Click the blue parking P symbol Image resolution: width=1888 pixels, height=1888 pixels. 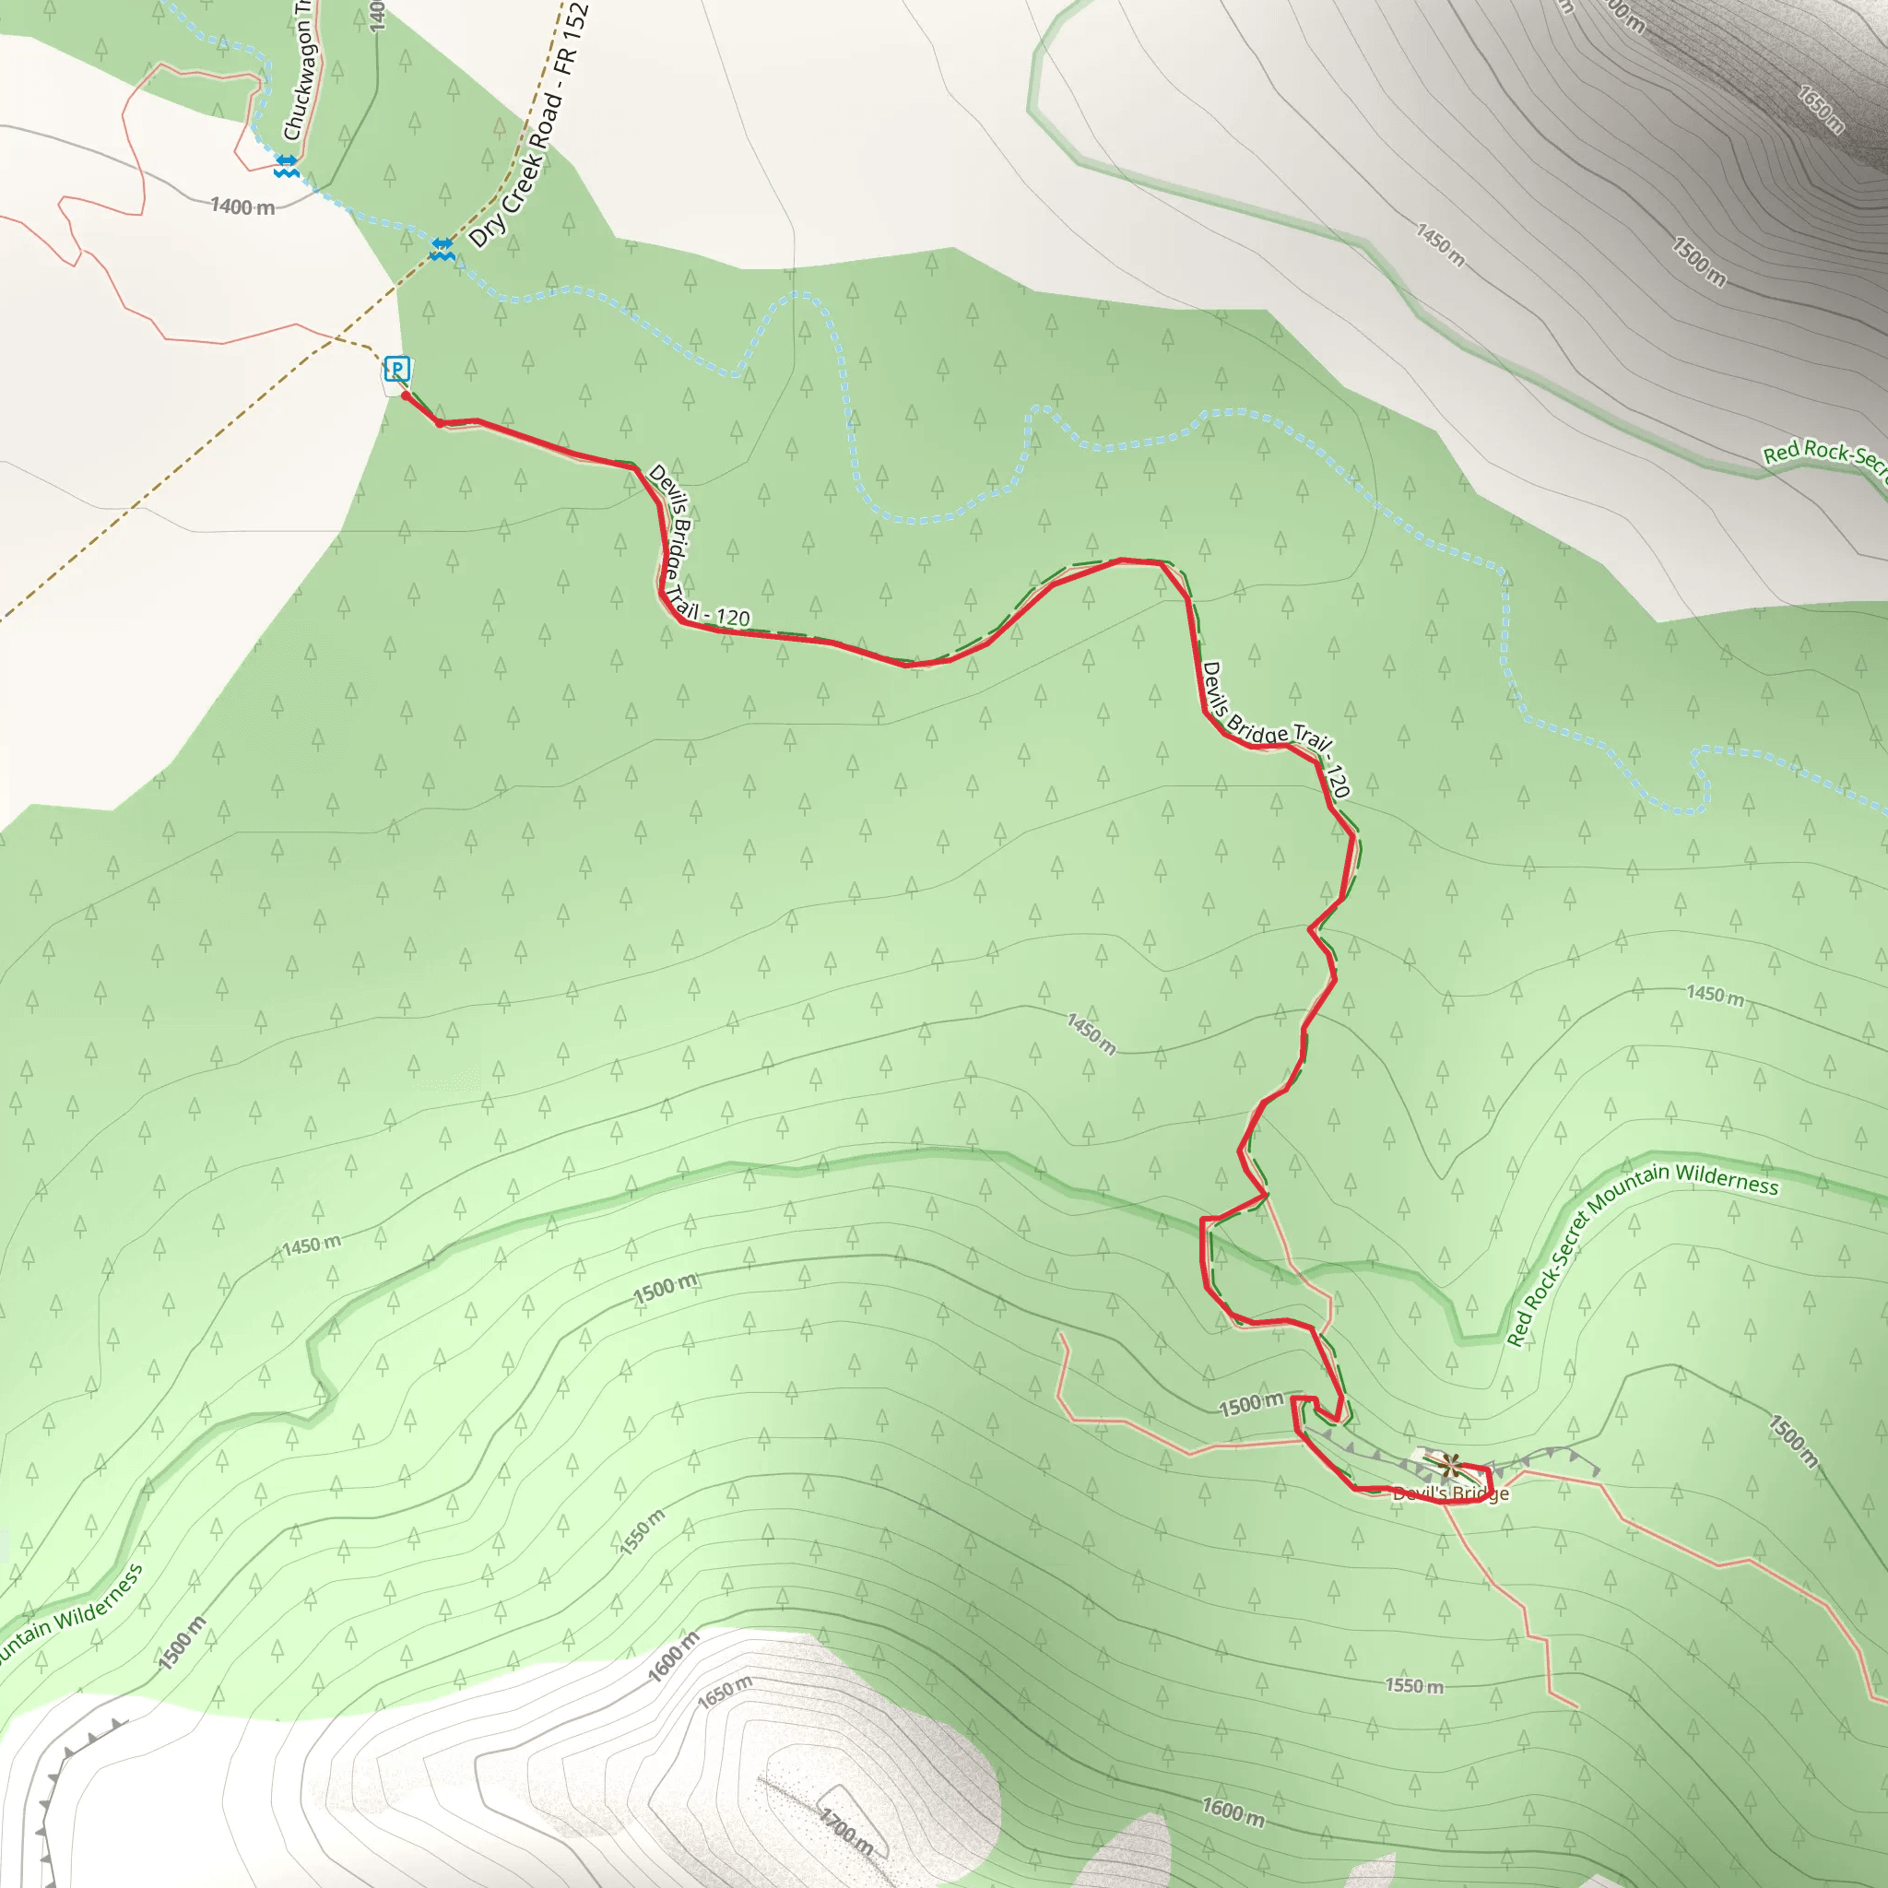tap(396, 369)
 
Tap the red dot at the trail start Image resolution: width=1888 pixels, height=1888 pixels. tap(406, 395)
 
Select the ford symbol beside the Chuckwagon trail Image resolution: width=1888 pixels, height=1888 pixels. tap(287, 165)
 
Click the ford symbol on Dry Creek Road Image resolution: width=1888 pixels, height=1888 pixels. tap(442, 249)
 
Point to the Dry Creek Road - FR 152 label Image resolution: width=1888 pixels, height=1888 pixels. tap(528, 127)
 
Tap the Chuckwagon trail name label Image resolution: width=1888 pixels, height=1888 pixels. tap(297, 70)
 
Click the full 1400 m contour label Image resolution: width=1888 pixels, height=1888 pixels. tap(242, 206)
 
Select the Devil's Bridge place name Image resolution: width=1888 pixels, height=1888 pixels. tap(1450, 1493)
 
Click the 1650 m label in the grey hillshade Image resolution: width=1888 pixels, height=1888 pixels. tap(1821, 109)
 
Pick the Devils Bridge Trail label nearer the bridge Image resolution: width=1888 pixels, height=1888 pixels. tap(1276, 729)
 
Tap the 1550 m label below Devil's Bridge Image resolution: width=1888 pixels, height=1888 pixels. tap(1414, 1685)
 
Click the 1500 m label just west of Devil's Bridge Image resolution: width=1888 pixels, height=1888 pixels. tap(1251, 1404)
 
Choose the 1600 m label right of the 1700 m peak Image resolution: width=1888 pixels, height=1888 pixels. tap(1233, 1811)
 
